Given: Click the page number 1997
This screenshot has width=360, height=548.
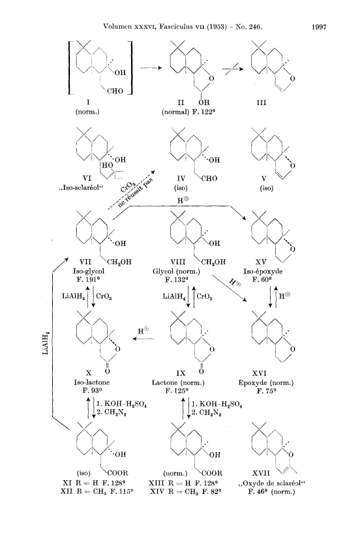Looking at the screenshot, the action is pos(318,27).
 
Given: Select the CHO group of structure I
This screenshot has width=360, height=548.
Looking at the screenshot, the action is pos(115,91).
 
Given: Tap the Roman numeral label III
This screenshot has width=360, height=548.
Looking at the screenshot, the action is pos(262,103).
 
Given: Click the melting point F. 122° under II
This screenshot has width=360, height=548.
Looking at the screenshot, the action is pos(203,112).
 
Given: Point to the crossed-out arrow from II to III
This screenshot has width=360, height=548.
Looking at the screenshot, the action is pos(232,69).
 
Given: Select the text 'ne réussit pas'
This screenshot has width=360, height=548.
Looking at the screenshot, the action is pos(136,192).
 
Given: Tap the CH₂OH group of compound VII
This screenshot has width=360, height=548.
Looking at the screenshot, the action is pos(119,262).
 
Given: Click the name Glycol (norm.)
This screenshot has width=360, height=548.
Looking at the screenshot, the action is pos(176,271).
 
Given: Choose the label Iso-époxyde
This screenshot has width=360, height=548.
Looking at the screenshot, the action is pos(263,271).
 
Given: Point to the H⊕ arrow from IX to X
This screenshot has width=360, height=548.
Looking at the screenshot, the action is pos(143,339).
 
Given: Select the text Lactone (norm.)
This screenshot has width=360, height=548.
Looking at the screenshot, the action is pos(178,382).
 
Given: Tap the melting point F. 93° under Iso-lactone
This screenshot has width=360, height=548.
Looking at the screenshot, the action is pos(92,390).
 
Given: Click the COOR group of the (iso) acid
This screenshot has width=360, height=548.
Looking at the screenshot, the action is pos(117,473).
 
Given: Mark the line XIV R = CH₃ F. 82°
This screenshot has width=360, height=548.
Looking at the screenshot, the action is pos(186,492).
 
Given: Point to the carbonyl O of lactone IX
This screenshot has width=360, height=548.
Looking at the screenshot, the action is pos(201,371).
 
